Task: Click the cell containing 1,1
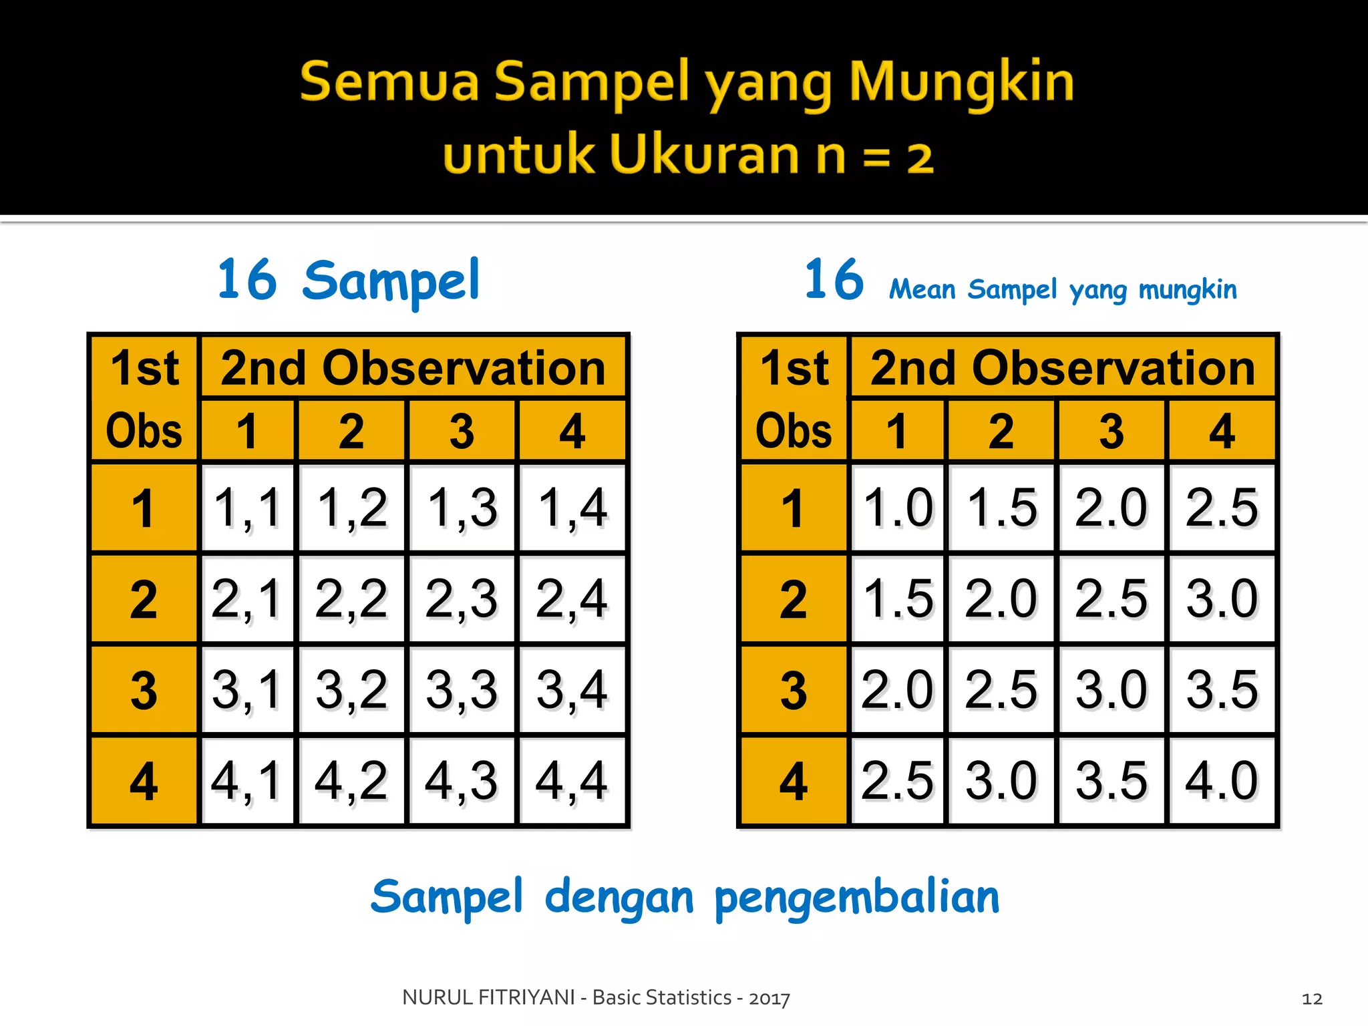pyautogui.click(x=247, y=508)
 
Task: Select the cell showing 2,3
pyautogui.click(x=462, y=599)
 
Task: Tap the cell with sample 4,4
pyautogui.click(x=572, y=781)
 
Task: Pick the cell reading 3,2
pyautogui.click(x=351, y=690)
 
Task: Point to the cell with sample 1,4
pyautogui.click(x=572, y=508)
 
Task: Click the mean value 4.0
pyautogui.click(x=1222, y=781)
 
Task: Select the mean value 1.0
pyautogui.click(x=898, y=508)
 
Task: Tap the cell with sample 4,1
pyautogui.click(x=247, y=781)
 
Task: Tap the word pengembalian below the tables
pyautogui.click(x=857, y=898)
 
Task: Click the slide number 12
pyautogui.click(x=1312, y=999)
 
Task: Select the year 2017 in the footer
pyautogui.click(x=769, y=999)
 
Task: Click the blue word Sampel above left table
pyautogui.click(x=391, y=281)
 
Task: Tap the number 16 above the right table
pyautogui.click(x=834, y=280)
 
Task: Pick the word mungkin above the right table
pyautogui.click(x=1188, y=290)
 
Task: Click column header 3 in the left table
pyautogui.click(x=462, y=432)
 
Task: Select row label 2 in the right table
pyautogui.click(x=794, y=599)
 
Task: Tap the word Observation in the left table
pyautogui.click(x=464, y=368)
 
